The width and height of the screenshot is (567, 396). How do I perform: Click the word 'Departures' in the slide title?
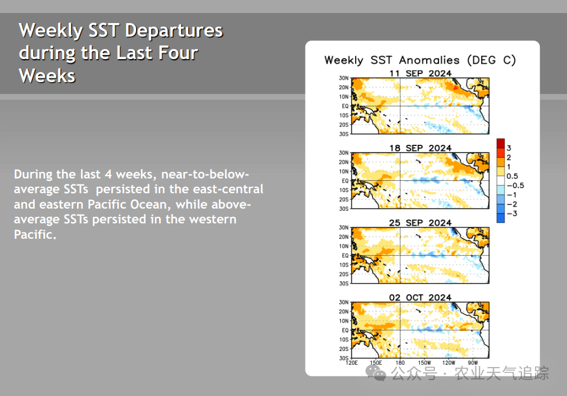[x=174, y=31]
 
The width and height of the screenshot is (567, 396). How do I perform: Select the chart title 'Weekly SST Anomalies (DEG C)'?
[x=420, y=60]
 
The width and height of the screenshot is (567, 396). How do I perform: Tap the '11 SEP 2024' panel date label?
[x=420, y=73]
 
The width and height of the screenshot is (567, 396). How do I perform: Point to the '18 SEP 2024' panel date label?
[x=420, y=148]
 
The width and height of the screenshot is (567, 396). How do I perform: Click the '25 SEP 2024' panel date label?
[x=420, y=223]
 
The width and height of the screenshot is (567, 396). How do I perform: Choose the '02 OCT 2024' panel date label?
[x=420, y=297]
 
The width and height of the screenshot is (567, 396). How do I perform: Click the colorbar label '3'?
[x=509, y=148]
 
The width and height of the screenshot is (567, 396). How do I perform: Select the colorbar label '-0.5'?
[x=516, y=186]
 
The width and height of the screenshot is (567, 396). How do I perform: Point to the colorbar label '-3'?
[x=512, y=213]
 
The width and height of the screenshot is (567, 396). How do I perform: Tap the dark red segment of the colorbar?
[x=501, y=143]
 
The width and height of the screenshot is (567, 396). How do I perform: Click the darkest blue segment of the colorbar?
[x=501, y=218]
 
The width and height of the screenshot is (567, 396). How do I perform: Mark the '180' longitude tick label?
[x=400, y=363]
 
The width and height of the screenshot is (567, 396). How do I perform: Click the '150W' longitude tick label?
[x=424, y=363]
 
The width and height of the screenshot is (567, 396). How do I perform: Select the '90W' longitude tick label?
[x=473, y=363]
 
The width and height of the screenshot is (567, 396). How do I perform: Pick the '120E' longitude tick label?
[x=352, y=363]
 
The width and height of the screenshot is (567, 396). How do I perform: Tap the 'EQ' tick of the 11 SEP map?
[x=345, y=106]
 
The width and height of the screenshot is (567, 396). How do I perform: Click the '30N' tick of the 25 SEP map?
[x=343, y=228]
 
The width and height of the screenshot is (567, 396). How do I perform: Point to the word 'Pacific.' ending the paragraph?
[x=35, y=235]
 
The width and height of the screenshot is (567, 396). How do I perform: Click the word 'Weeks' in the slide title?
[x=47, y=76]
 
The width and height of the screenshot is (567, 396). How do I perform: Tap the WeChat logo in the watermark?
[x=376, y=373]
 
